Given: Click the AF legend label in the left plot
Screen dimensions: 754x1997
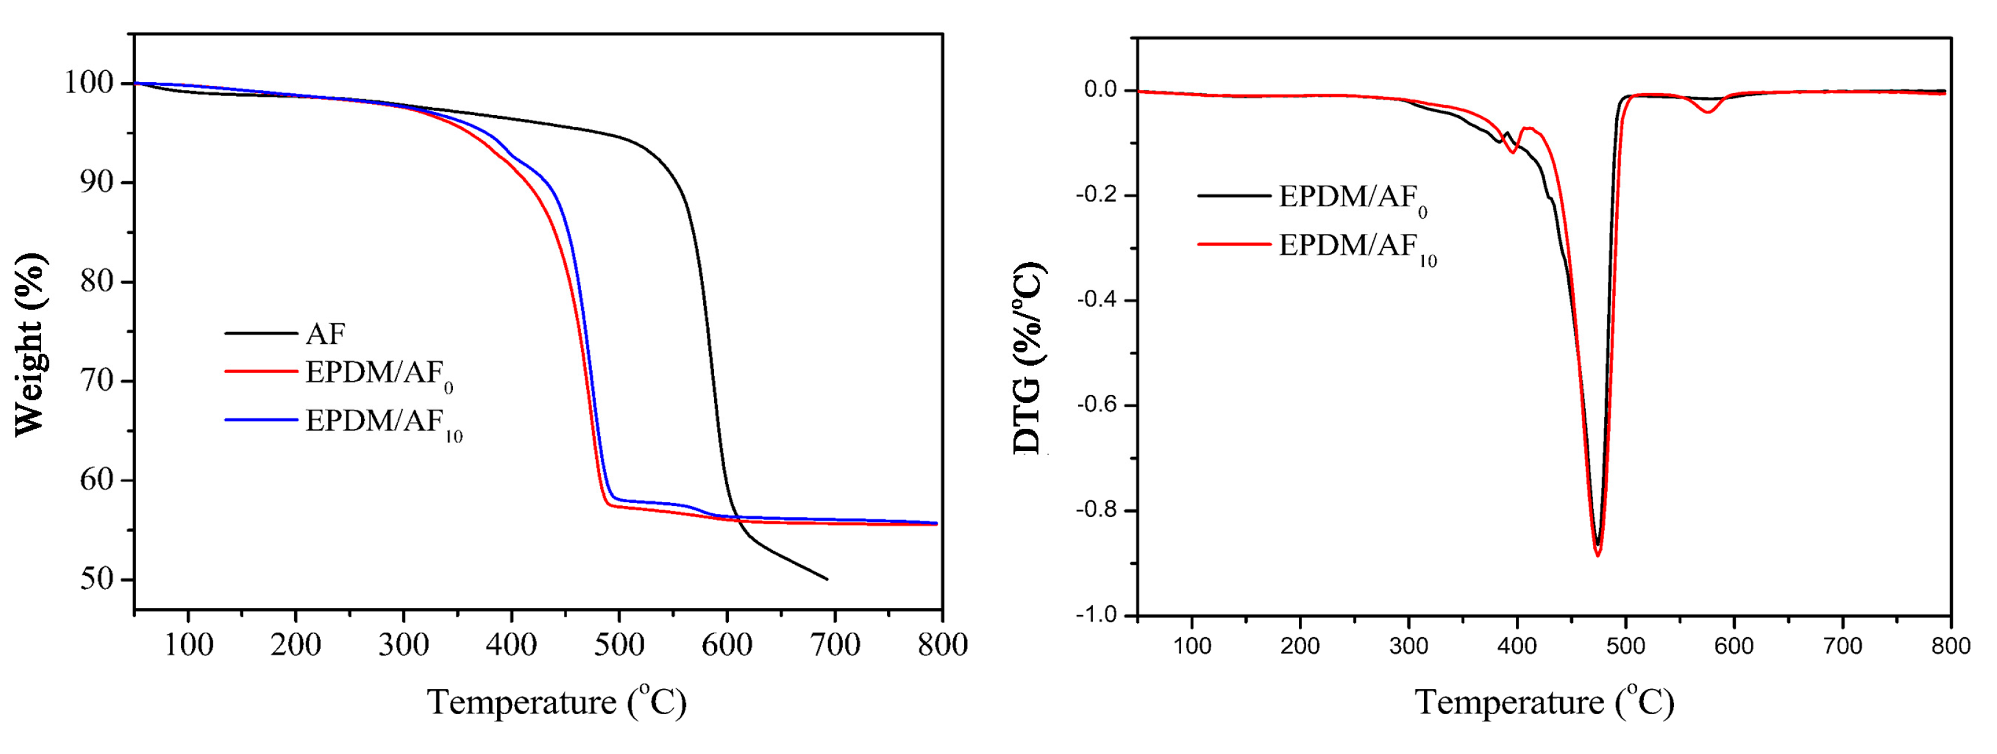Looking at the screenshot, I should [325, 334].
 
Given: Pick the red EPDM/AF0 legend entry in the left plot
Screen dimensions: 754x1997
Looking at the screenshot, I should [378, 374].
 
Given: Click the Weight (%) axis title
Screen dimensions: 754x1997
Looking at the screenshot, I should [31, 344].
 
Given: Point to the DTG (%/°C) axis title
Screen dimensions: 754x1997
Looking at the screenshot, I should [1030, 358].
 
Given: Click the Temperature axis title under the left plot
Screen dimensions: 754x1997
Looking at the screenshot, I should [557, 701].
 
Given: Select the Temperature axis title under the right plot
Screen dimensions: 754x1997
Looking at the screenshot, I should [1544, 701].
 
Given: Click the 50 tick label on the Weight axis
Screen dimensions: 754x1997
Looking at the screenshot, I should [96, 579].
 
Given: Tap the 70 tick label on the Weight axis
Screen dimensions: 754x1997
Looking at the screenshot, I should [96, 380].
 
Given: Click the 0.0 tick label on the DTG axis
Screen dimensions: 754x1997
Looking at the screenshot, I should [1100, 90].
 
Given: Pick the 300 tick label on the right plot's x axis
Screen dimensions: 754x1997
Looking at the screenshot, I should [1408, 646].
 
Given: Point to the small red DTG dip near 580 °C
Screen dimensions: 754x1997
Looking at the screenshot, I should [1708, 112].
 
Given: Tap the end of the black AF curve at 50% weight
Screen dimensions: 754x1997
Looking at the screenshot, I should [827, 579].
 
